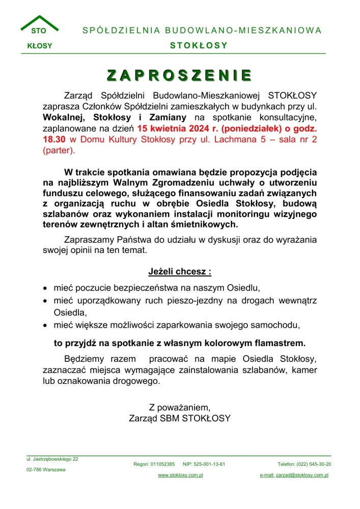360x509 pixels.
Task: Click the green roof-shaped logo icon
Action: [x=39, y=23]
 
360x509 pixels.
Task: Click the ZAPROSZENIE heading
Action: [x=180, y=75]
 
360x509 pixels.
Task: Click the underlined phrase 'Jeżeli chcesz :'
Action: [x=180, y=271]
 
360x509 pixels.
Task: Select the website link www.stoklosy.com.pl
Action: [x=180, y=475]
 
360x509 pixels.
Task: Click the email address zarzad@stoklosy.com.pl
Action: [x=302, y=475]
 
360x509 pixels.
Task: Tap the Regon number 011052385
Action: [x=163, y=464]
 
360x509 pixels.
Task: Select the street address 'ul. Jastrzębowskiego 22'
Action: [x=52, y=459]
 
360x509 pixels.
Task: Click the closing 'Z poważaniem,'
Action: [x=179, y=407]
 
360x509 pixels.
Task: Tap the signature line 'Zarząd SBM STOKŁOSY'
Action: [x=180, y=418]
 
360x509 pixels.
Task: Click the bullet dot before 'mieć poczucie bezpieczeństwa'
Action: [x=45, y=288]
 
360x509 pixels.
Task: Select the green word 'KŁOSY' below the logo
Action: [x=40, y=46]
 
